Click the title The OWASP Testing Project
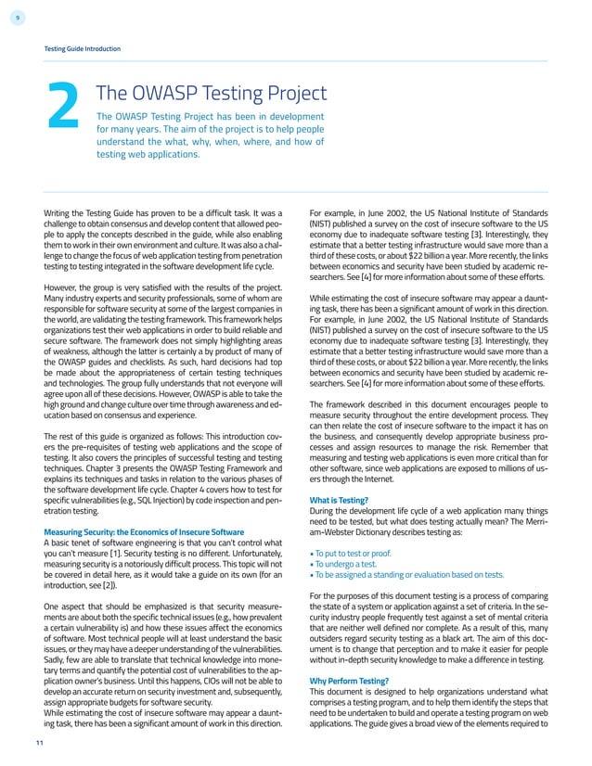click(212, 93)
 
